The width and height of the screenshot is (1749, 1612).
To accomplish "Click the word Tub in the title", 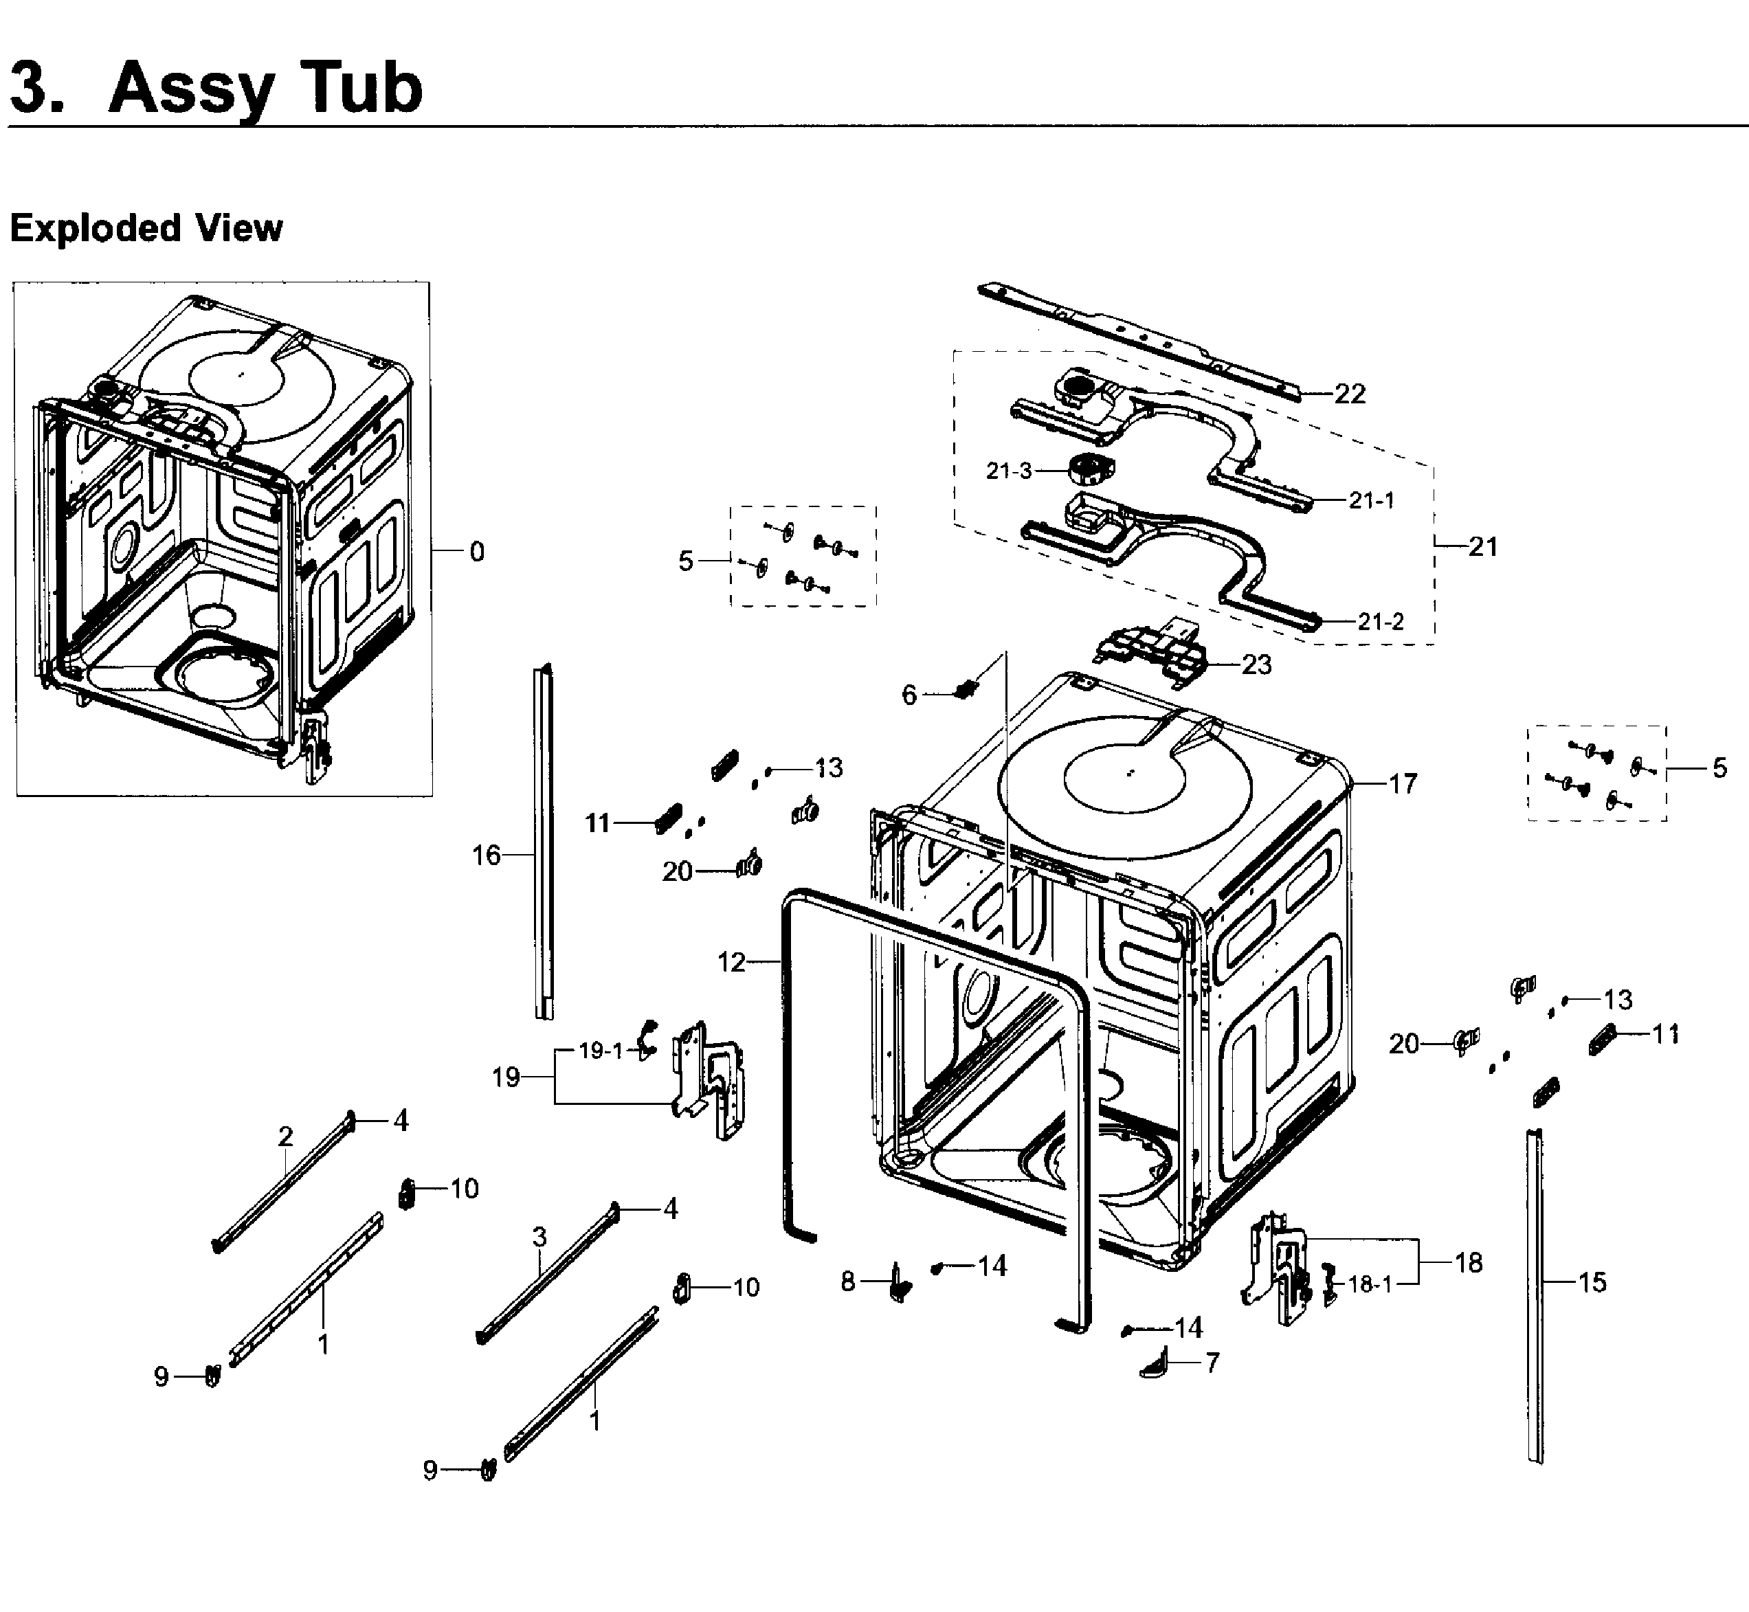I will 353,88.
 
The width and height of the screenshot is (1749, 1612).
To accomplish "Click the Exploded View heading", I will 146,229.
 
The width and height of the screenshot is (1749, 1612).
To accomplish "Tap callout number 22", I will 1350,394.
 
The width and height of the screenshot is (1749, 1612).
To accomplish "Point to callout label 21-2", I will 1381,621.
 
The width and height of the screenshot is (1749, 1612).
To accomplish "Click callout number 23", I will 1256,664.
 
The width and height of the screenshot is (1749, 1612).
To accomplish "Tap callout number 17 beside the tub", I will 1403,783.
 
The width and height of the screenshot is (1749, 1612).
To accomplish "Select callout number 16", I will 486,855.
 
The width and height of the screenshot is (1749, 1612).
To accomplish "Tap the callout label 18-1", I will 1370,1284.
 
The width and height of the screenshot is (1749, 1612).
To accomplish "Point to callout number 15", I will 1592,1281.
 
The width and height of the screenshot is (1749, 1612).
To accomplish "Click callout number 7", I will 1212,1363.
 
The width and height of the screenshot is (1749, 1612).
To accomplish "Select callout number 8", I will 848,1281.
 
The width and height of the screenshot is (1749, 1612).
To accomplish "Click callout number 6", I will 909,695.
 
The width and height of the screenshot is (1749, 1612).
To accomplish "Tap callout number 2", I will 285,1137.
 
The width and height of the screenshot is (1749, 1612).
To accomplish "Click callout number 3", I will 539,1237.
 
